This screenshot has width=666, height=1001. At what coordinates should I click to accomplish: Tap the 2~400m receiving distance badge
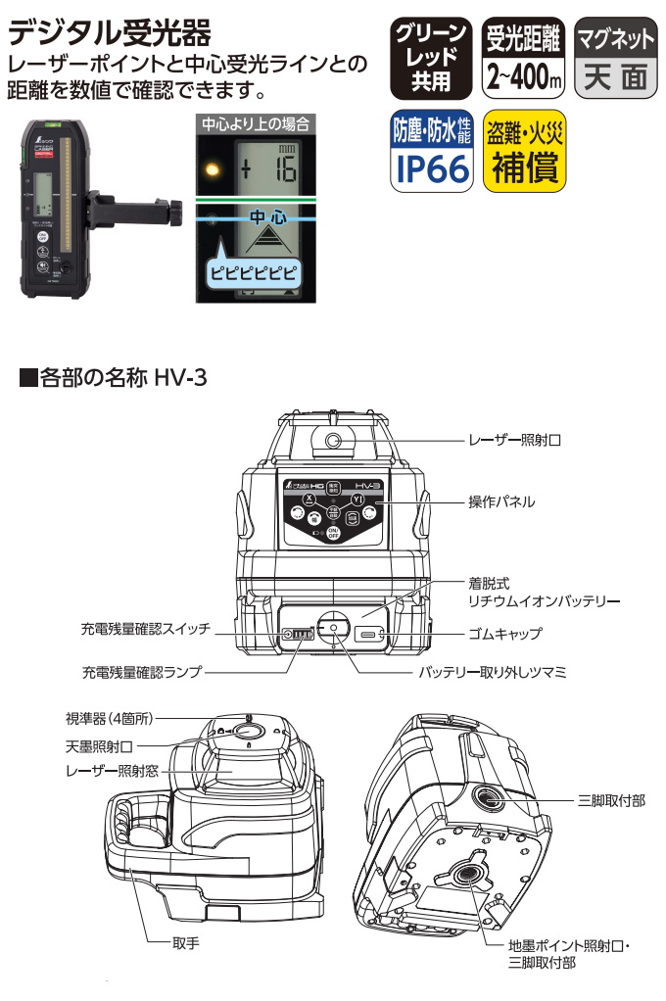[525, 58]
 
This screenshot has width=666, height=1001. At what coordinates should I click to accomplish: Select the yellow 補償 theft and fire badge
[525, 153]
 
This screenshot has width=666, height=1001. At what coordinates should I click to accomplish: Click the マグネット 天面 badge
[615, 58]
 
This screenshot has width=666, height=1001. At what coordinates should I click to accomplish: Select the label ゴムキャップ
[504, 633]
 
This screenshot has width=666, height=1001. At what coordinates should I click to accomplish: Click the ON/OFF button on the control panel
[333, 532]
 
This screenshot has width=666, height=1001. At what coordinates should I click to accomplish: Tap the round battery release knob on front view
[333, 630]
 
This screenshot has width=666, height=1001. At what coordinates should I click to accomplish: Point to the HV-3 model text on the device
[371, 487]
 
